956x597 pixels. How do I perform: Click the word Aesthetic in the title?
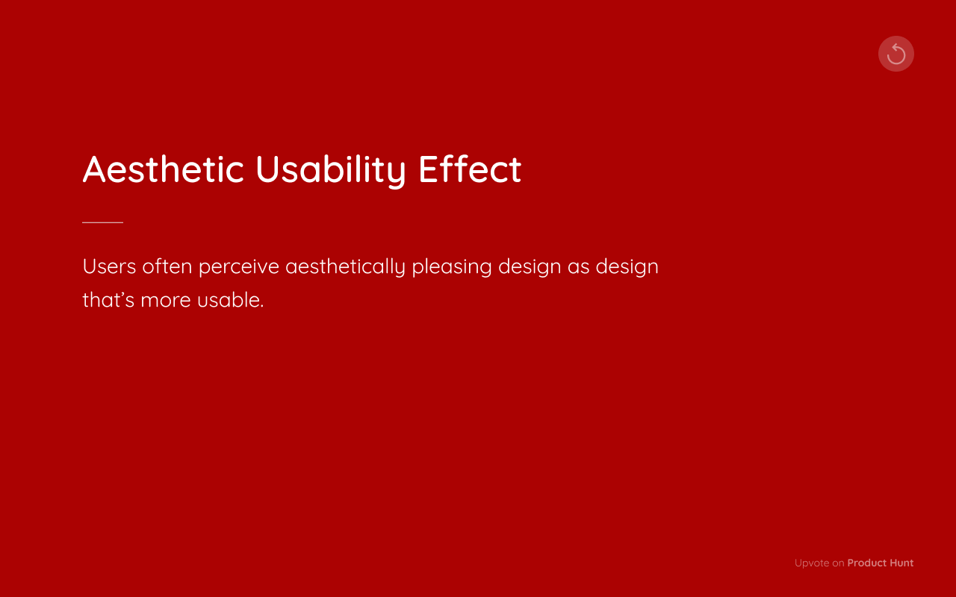click(163, 169)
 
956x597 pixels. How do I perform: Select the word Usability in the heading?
click(330, 169)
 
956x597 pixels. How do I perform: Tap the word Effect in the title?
click(470, 169)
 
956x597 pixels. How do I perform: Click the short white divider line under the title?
click(102, 222)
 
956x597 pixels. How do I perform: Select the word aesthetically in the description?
click(345, 266)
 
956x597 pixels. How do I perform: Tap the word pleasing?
click(452, 266)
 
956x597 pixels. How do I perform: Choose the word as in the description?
click(579, 266)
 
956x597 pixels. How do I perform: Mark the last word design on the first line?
click(627, 266)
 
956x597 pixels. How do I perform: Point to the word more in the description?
click(166, 300)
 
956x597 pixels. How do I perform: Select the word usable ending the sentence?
click(230, 300)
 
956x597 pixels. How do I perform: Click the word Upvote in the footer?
click(812, 563)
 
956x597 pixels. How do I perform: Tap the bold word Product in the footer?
click(866, 563)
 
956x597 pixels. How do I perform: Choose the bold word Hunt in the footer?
click(901, 563)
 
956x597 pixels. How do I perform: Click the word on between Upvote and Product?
click(838, 563)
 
